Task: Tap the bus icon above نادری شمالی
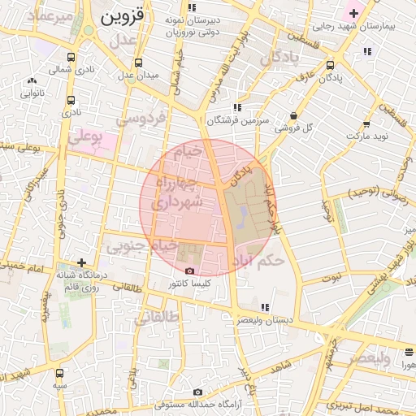point(71,58)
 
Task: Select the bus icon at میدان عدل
point(139,63)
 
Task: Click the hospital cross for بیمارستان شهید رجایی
point(353,13)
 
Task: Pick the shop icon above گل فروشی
point(293,116)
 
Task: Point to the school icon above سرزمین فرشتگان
point(236,107)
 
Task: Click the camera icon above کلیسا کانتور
point(189,271)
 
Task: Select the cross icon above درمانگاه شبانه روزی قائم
point(80,262)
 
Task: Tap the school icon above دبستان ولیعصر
point(265,307)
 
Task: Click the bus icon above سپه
point(59,373)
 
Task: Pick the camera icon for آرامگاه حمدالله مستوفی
point(197,392)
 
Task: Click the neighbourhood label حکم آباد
point(270,261)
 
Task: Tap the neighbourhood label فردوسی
point(141,118)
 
